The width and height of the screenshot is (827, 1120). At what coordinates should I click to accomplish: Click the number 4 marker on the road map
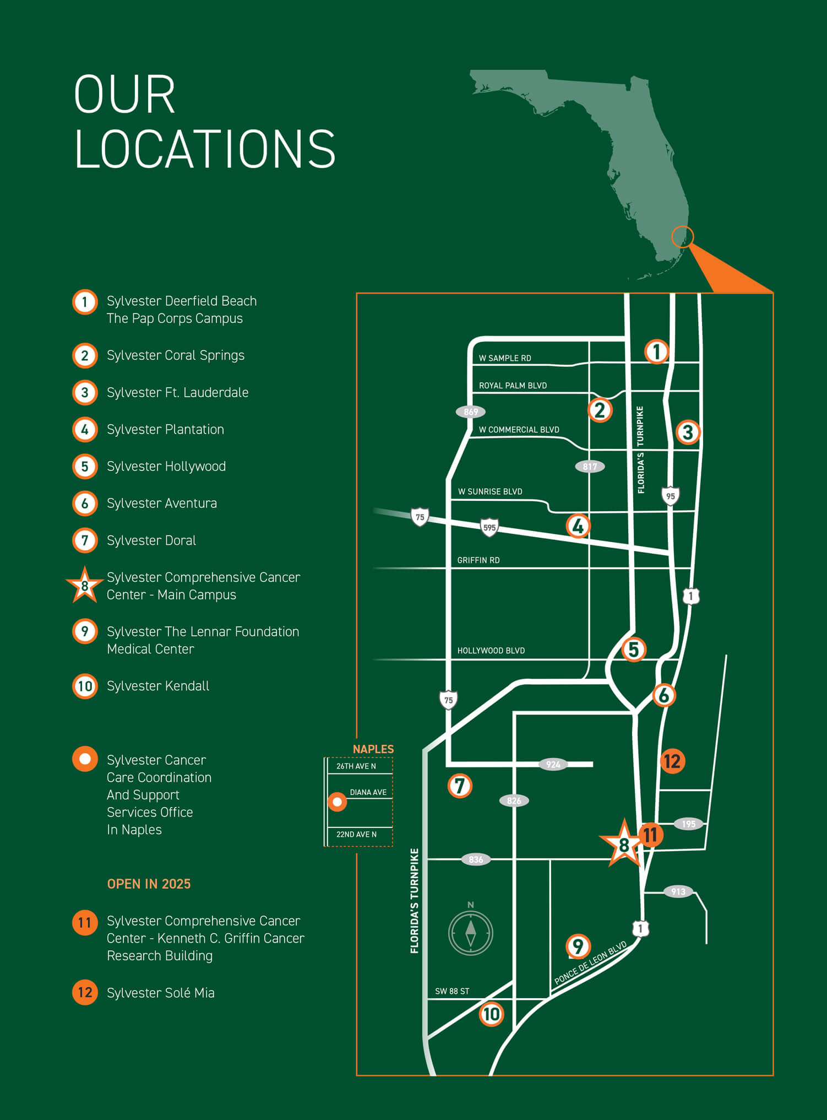578,526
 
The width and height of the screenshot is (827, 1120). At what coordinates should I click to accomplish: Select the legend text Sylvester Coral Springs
176,355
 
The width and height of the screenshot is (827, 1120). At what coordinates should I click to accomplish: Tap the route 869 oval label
471,412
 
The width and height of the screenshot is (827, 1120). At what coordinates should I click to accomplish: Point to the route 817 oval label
590,467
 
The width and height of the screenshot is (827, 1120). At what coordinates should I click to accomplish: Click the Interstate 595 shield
489,527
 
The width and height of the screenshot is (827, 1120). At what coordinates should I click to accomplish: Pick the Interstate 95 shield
670,496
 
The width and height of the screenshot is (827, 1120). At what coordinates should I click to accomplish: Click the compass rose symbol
471,933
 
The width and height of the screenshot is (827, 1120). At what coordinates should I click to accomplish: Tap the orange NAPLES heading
373,749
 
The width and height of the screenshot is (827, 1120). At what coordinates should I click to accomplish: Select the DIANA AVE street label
368,792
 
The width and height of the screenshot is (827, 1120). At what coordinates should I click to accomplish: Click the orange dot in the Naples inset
337,802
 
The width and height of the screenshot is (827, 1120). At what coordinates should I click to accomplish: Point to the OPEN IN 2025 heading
149,884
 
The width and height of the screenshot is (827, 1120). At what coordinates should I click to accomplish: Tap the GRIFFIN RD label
478,560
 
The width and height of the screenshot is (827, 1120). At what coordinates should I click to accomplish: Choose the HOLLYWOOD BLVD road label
491,651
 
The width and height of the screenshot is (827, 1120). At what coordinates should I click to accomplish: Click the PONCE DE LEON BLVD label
590,963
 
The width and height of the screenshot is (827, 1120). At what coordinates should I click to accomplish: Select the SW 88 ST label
452,991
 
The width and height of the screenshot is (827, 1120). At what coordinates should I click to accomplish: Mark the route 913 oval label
678,891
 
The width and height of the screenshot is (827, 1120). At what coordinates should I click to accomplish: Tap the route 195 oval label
688,824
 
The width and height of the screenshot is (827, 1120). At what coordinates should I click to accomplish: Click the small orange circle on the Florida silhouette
682,237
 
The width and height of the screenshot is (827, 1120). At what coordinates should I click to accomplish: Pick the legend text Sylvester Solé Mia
161,993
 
